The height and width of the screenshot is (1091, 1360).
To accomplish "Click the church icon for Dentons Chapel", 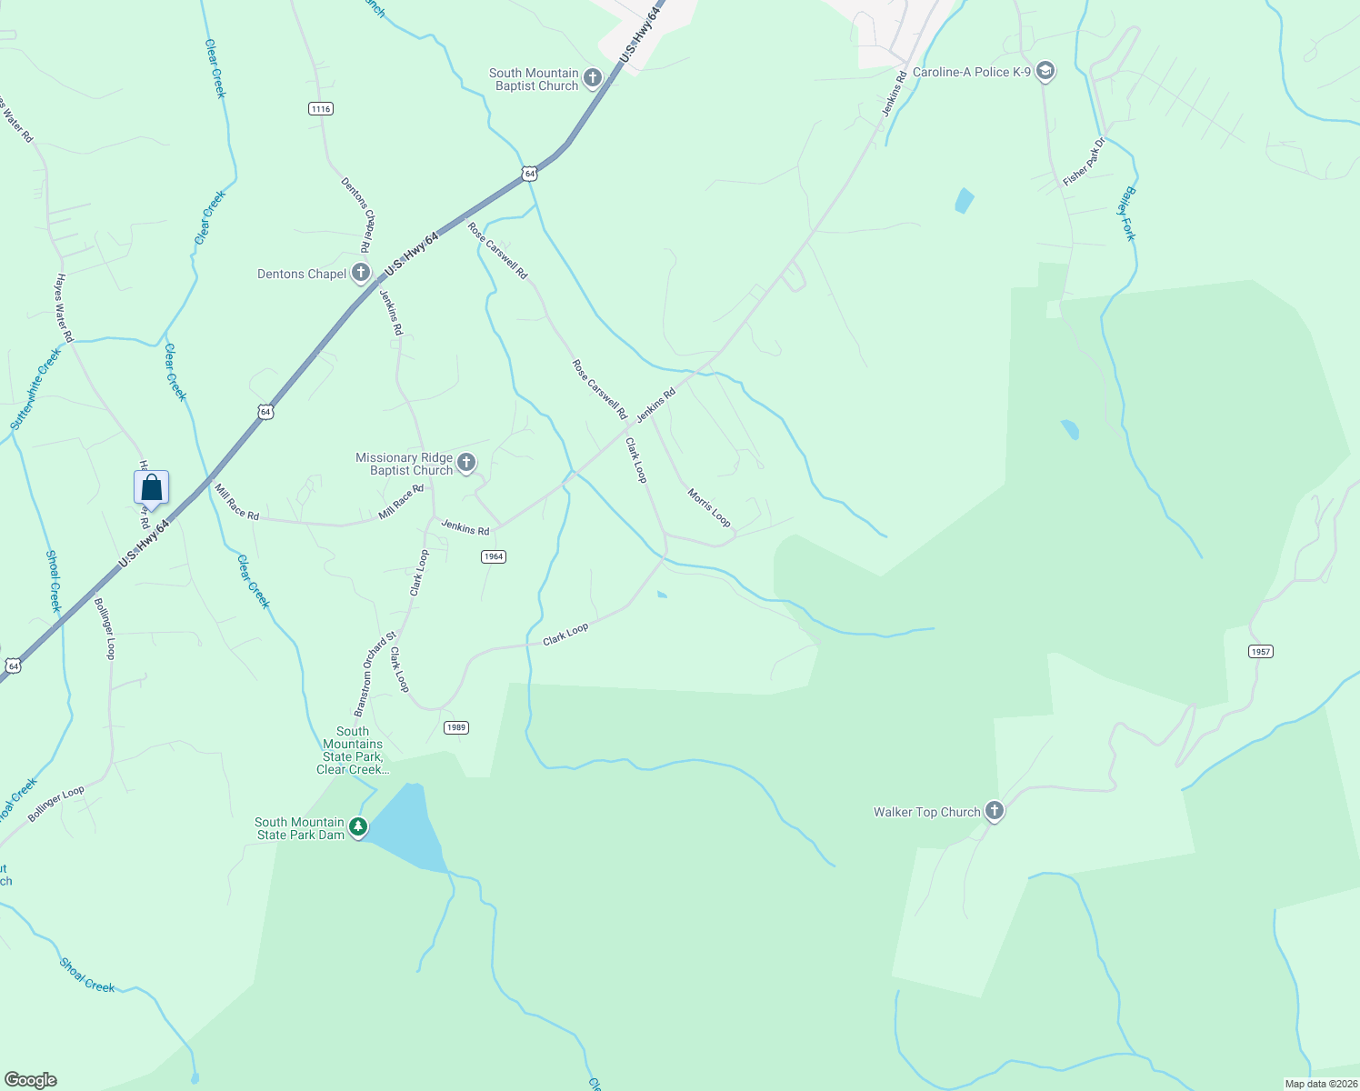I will (x=361, y=272).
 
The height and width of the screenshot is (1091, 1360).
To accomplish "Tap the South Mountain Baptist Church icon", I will (x=593, y=78).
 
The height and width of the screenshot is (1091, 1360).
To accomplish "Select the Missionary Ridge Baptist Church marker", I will (x=466, y=463).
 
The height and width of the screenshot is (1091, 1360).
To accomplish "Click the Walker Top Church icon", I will (x=995, y=811).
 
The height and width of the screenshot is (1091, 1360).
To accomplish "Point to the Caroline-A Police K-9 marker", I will (x=1045, y=71).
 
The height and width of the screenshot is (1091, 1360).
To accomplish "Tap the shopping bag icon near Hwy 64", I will (x=152, y=487).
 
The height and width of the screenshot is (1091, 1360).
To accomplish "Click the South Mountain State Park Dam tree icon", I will (x=359, y=826).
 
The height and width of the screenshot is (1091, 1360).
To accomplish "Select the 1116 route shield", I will (x=321, y=109).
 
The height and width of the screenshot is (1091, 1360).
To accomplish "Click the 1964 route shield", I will (x=493, y=556).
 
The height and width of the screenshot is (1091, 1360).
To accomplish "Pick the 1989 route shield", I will (x=456, y=727).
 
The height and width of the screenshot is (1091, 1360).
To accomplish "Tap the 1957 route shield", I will (x=1260, y=651).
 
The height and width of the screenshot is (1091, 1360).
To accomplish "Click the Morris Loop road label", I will (x=709, y=507).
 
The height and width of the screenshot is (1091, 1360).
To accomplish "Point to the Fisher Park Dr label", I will (x=1084, y=162).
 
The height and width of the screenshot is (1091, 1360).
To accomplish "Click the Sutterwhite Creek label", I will (x=35, y=389).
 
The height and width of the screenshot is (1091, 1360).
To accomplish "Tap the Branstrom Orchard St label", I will (x=375, y=674).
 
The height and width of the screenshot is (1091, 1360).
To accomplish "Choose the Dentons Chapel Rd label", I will (x=356, y=215).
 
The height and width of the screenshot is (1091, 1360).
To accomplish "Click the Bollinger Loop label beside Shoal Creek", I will (x=56, y=804).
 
